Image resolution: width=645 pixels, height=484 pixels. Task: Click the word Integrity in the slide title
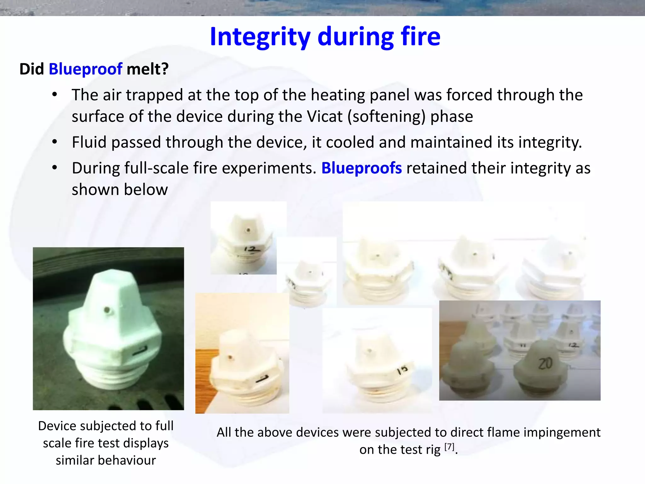260,37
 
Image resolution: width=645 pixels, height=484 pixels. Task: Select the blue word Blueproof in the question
85,69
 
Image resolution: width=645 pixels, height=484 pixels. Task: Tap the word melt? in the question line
147,69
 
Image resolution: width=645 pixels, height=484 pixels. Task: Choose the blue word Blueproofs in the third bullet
361,168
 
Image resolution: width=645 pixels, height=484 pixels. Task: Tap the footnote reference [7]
449,447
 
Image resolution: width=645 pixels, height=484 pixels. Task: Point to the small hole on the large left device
107,310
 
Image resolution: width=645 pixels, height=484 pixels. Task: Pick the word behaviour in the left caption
106,460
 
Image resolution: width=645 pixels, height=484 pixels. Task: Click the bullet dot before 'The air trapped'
55,95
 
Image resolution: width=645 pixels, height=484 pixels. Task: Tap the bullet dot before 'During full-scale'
55,168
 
